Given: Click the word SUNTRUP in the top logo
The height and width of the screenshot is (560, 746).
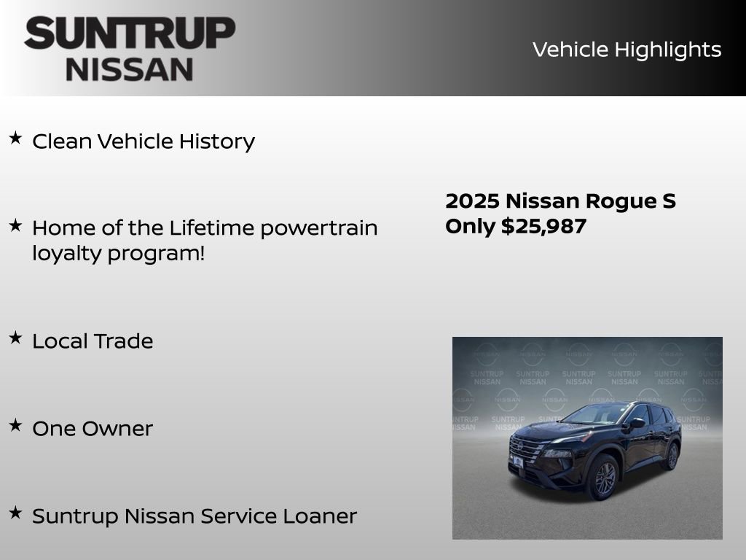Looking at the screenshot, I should [x=130, y=33].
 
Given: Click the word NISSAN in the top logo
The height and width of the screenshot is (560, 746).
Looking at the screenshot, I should [x=130, y=69].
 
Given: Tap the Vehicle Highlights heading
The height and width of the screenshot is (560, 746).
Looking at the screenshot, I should [x=627, y=50].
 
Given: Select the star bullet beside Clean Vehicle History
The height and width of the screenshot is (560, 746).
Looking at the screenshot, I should [x=15, y=138].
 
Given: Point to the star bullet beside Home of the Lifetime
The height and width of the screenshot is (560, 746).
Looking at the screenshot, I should [x=15, y=225].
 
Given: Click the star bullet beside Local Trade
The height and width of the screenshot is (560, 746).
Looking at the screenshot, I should [x=15, y=338].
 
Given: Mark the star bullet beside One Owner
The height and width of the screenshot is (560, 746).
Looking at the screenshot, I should [x=15, y=425].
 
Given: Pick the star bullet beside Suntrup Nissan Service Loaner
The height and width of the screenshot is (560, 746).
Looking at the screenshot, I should [x=15, y=513].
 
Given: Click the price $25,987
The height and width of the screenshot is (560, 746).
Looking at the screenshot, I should [x=543, y=226].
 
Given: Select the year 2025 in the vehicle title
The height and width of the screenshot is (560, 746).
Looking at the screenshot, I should [x=471, y=201].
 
